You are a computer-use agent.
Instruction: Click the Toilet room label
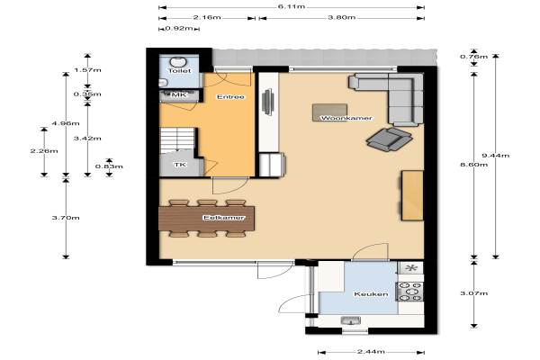(179, 70)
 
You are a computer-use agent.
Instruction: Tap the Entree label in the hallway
(230, 97)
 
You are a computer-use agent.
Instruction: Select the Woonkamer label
(346, 118)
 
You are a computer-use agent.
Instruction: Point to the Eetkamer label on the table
(224, 218)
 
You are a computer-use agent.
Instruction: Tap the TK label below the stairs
(180, 165)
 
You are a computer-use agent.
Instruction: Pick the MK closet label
(178, 94)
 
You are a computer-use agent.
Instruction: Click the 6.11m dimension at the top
(292, 6)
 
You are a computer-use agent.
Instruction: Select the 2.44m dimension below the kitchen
(371, 352)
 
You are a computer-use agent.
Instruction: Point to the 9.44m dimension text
(495, 156)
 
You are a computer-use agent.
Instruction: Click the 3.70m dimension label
(66, 218)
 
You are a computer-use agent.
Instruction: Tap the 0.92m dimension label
(179, 28)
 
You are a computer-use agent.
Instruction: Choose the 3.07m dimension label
(474, 293)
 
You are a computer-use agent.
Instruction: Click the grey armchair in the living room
(390, 139)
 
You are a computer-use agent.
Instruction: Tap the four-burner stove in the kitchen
(409, 292)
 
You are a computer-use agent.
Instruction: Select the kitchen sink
(351, 320)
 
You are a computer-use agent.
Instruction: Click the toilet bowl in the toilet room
(178, 62)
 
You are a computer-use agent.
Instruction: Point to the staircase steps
(176, 140)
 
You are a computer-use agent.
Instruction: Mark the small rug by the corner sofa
(329, 112)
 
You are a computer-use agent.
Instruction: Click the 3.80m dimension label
(341, 17)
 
